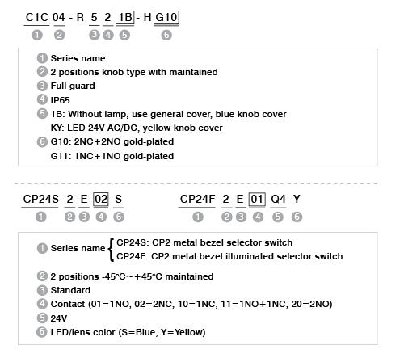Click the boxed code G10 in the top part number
(x=166, y=18)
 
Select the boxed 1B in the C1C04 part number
(x=124, y=18)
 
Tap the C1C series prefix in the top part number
(x=36, y=18)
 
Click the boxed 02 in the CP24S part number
(x=101, y=200)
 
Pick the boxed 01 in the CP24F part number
(x=257, y=200)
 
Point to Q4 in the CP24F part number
(x=278, y=200)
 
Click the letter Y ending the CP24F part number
(x=297, y=200)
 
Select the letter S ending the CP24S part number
(x=119, y=200)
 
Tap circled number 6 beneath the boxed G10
(x=166, y=35)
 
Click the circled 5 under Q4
(x=278, y=217)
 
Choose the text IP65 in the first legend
(x=60, y=100)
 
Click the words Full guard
(x=73, y=86)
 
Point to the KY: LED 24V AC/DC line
(x=137, y=128)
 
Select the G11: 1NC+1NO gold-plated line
(x=112, y=156)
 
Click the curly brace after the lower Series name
(x=111, y=250)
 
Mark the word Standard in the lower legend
(x=70, y=290)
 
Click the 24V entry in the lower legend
(x=59, y=318)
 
